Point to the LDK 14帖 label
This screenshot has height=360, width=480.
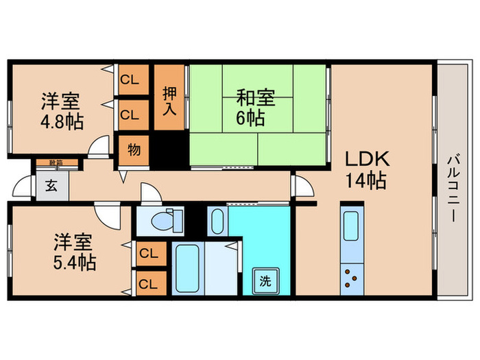368,171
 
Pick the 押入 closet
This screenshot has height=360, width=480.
169,99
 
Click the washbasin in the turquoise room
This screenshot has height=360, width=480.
217,221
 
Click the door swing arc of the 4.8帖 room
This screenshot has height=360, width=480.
100,145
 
